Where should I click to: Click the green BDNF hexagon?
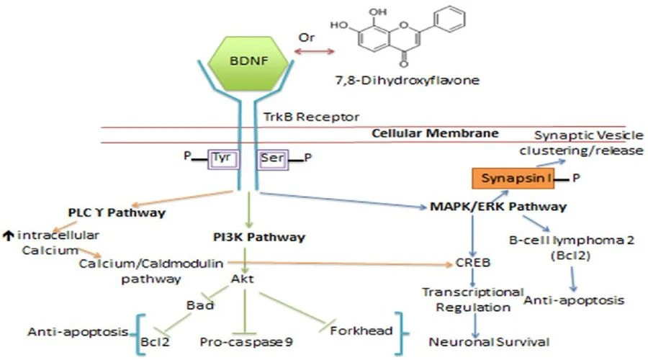click(x=248, y=63)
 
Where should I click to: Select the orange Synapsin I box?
click(x=513, y=179)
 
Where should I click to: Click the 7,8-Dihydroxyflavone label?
click(x=407, y=80)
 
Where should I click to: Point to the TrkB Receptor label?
click(x=311, y=117)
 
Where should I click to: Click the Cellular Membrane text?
click(x=435, y=133)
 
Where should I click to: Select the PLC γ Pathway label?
click(x=117, y=212)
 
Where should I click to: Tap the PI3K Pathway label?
click(x=259, y=237)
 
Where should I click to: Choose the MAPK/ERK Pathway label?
click(x=498, y=206)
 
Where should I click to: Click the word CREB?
click(x=473, y=263)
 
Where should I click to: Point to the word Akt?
click(x=242, y=279)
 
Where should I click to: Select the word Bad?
click(x=200, y=305)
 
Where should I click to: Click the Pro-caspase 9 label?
click(x=246, y=342)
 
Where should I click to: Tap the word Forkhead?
click(x=361, y=330)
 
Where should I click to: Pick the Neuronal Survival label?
click(x=489, y=342)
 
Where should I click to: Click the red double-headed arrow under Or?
click(x=314, y=51)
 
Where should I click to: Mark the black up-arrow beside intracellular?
click(x=8, y=236)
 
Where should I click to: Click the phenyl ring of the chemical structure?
click(x=450, y=19)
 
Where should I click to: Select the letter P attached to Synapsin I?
click(x=576, y=178)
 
